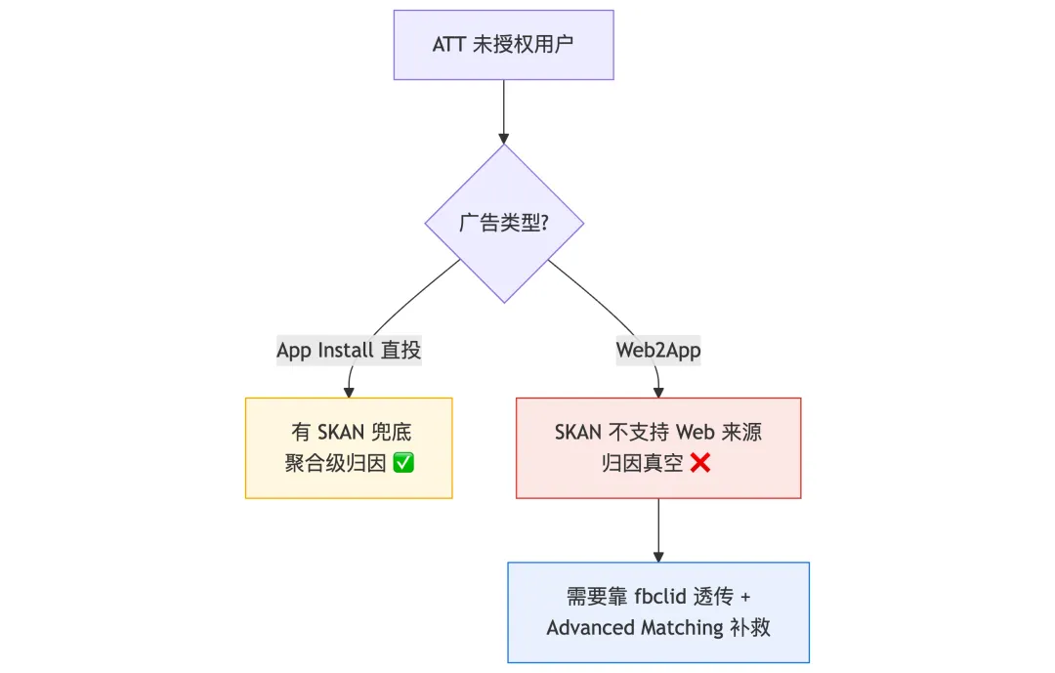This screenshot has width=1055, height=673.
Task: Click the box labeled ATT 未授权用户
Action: [x=503, y=45]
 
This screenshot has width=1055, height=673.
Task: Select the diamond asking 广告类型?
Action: [x=504, y=224]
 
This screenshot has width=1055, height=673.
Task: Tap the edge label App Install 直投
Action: [x=349, y=350]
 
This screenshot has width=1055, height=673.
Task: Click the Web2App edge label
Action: [x=658, y=350]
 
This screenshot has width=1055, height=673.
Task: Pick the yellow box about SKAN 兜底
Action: [x=349, y=448]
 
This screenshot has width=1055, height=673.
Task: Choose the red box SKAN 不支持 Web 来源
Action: [x=658, y=448]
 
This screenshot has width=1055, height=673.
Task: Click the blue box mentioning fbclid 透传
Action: [x=658, y=612]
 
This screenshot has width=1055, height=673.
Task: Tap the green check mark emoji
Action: [x=402, y=463]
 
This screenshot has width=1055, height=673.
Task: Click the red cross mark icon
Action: [x=699, y=463]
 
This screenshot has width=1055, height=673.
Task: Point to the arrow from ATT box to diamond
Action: [x=504, y=111]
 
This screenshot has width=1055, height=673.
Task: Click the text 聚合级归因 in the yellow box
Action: [x=336, y=463]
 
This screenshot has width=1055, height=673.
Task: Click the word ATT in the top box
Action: [x=449, y=45]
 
